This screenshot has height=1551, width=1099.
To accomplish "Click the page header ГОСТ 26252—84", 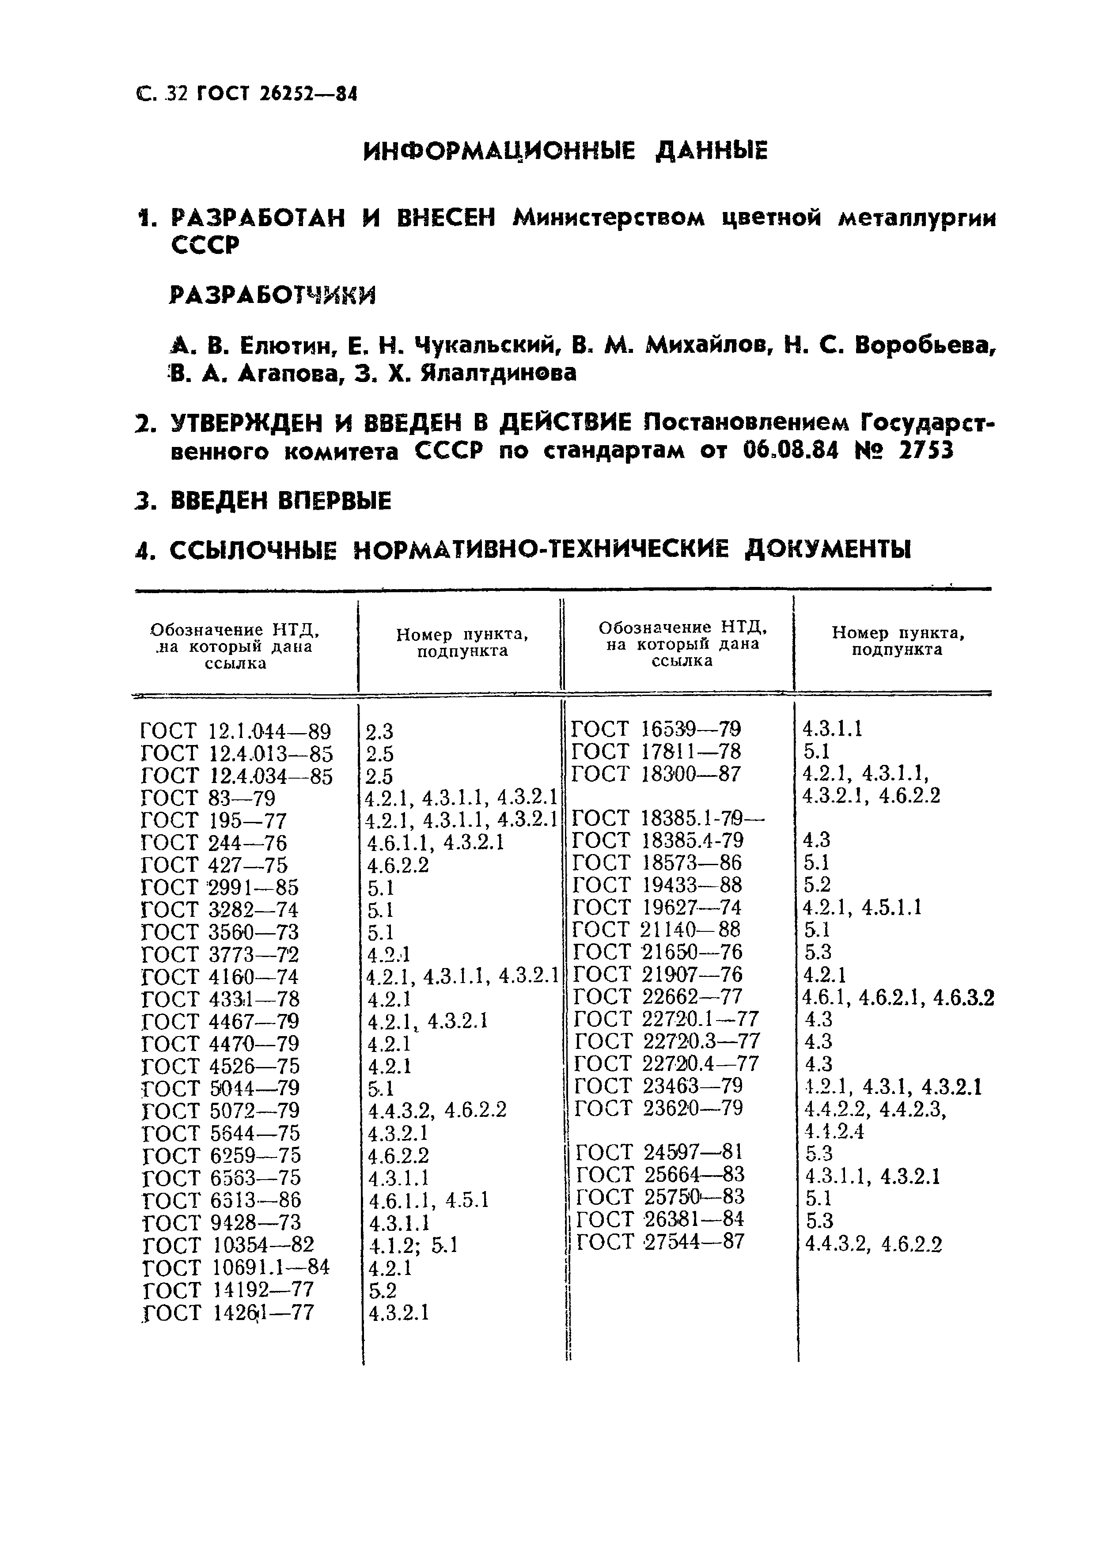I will tap(276, 95).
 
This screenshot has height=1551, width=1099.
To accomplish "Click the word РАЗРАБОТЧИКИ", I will tap(272, 295).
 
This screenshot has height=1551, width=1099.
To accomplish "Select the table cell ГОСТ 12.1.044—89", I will tap(236, 731).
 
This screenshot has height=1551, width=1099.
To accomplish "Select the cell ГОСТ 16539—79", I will tap(656, 729).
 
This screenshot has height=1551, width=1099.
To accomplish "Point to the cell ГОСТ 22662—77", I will tap(658, 996).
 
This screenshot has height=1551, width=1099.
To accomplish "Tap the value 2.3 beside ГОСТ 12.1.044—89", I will tap(379, 731).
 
